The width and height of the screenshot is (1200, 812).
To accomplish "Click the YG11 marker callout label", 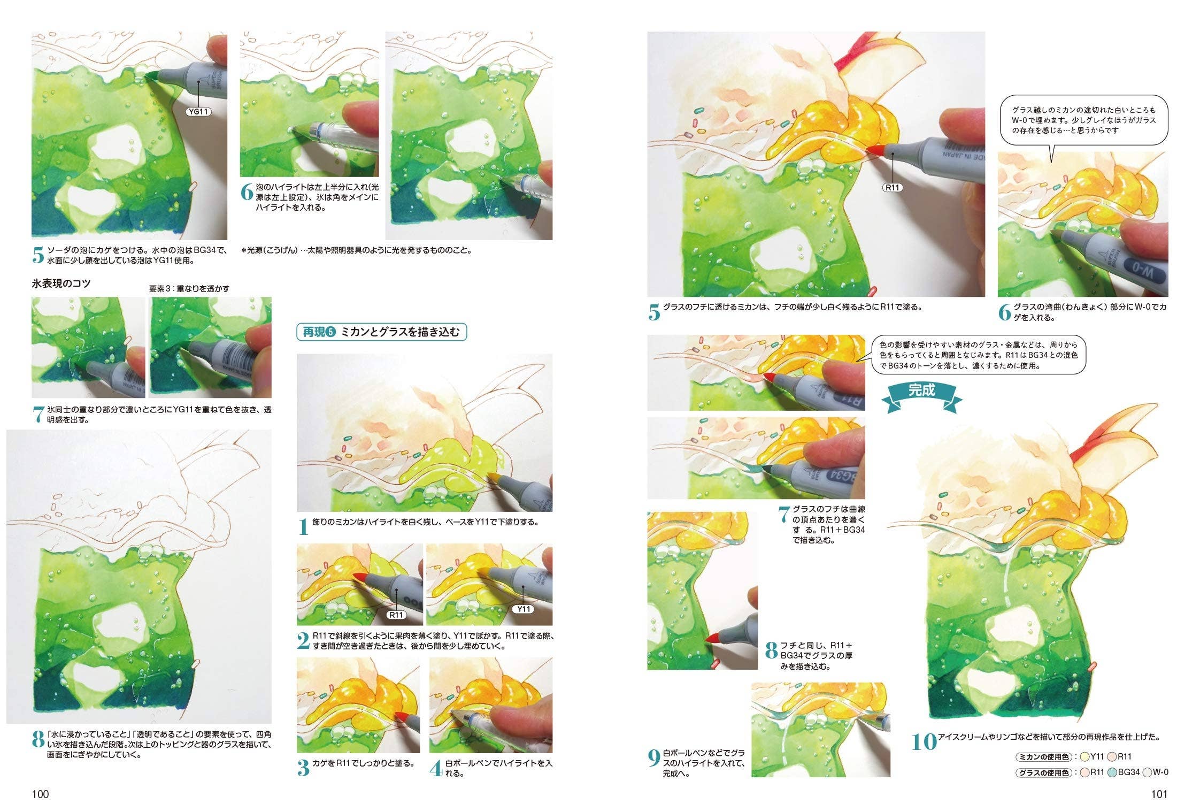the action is tap(198, 112).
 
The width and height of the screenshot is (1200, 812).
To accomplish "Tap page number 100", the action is tap(40, 794).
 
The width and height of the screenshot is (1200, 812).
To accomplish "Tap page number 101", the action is tap(1159, 794).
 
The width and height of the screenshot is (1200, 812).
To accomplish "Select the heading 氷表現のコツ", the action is tap(61, 284).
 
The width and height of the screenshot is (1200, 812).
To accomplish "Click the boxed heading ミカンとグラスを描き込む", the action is tap(382, 332).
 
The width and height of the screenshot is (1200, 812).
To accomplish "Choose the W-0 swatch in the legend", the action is tap(1148, 772).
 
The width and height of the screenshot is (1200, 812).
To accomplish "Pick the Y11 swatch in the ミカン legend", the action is tap(1085, 757).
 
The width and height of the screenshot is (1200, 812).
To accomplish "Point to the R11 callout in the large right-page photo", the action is tap(893, 187).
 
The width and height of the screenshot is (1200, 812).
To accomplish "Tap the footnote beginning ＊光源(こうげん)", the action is tap(356, 250).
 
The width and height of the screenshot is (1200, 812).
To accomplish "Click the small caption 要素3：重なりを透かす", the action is tap(189, 288).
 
